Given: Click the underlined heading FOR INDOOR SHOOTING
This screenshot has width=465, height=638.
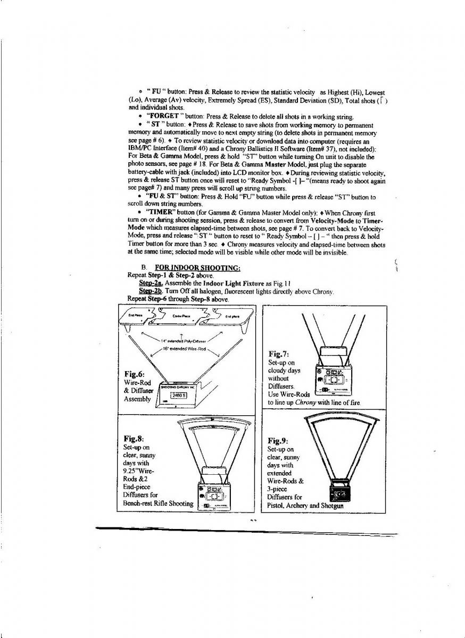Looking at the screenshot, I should coord(197,267).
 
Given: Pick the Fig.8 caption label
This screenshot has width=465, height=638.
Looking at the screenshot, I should coord(134,439).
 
